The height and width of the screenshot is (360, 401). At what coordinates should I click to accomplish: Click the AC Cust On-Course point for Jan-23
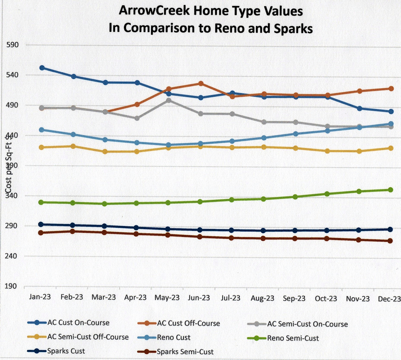pyautogui.click(x=42, y=68)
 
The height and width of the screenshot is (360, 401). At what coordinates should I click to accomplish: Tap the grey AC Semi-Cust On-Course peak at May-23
pyautogui.click(x=169, y=100)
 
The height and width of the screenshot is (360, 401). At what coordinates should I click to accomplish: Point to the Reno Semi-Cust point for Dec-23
pyautogui.click(x=390, y=190)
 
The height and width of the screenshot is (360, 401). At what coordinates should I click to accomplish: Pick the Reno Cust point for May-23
pyautogui.click(x=169, y=145)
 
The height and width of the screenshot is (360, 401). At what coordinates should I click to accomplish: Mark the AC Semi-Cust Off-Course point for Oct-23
pyautogui.click(x=327, y=151)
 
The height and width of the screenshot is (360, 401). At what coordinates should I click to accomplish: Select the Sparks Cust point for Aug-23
pyautogui.click(x=263, y=230)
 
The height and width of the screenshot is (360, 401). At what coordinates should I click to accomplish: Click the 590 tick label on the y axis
pyautogui.click(x=12, y=45)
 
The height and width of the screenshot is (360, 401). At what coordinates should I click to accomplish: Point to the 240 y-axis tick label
pyautogui.click(x=12, y=256)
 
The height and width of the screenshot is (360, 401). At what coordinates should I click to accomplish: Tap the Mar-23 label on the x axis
pyautogui.click(x=104, y=297)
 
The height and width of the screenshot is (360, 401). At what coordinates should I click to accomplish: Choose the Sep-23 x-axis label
pyautogui.click(x=294, y=298)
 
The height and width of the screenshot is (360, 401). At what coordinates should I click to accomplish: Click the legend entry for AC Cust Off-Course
pyautogui.click(x=188, y=323)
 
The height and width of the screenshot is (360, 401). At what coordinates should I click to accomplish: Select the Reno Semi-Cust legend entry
pyautogui.click(x=293, y=338)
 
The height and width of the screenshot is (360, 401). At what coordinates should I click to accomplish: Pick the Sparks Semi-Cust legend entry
pyautogui.click(x=185, y=352)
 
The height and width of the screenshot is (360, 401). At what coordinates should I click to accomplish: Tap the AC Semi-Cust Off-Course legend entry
pyautogui.click(x=88, y=337)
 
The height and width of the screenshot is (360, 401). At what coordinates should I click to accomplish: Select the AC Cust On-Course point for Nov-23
pyautogui.click(x=360, y=109)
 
